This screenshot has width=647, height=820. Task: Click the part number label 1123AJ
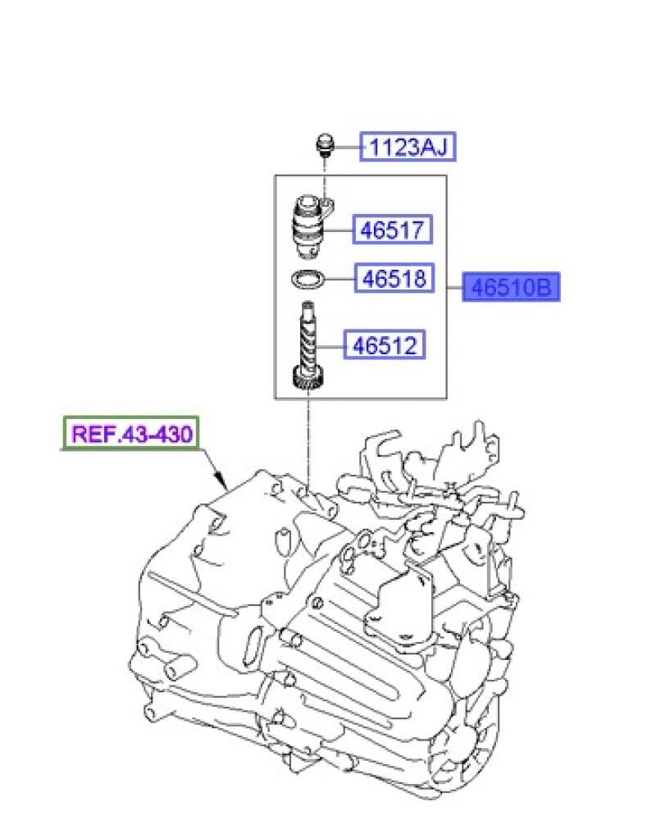[x=408, y=147]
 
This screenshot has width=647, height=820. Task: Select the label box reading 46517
[x=392, y=229]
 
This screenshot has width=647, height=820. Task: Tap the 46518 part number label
[x=394, y=278]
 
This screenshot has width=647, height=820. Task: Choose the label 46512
[x=385, y=344]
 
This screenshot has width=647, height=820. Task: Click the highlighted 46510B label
[x=511, y=287]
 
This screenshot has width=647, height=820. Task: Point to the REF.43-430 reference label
[x=131, y=434]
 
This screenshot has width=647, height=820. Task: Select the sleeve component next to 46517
[x=312, y=226]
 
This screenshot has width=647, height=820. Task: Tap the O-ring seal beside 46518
[x=308, y=279]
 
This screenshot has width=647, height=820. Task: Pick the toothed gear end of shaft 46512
[x=308, y=378]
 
